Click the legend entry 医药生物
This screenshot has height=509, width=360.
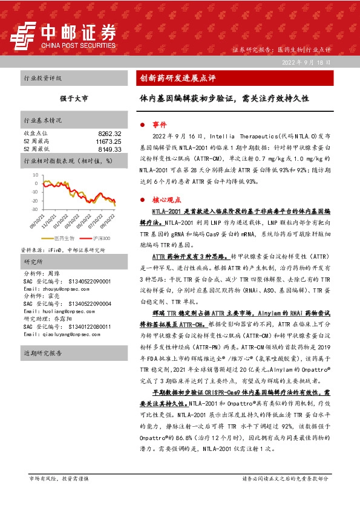(x=64, y=239)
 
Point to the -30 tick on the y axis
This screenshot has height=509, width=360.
(x=33, y=209)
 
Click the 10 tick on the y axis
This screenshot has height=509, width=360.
(x=34, y=173)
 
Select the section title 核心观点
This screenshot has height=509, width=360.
(x=165, y=198)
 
